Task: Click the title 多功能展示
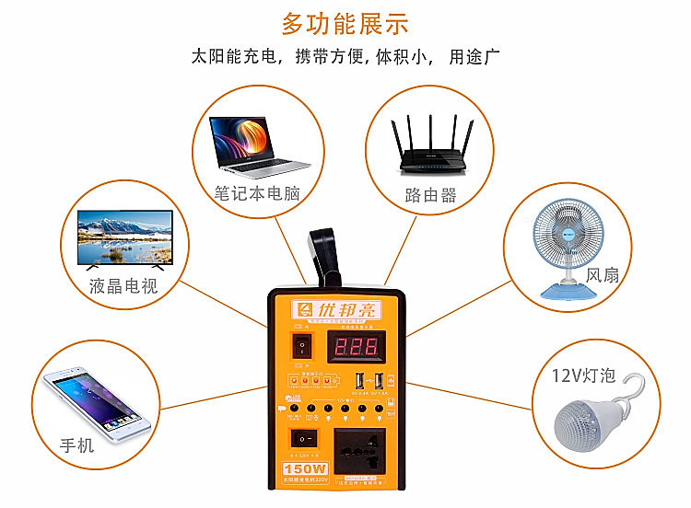pos(345,23)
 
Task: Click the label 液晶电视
pos(123,285)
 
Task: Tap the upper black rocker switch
pos(300,347)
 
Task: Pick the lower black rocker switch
pos(301,438)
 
